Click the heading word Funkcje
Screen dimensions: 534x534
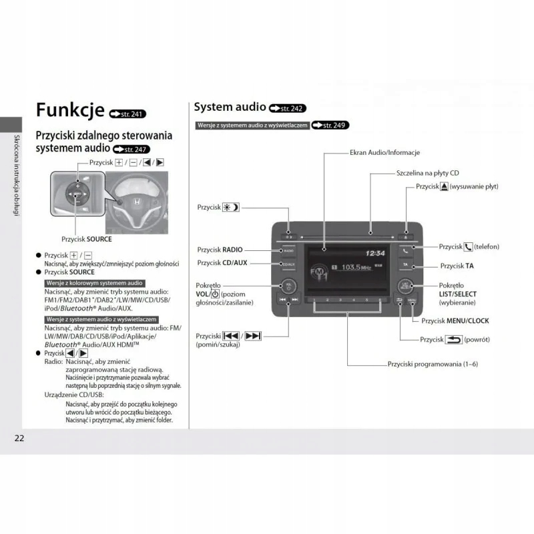[x=69, y=109]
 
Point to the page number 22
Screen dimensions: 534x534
[x=19, y=438]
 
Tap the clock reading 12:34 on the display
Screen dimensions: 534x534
[x=376, y=254]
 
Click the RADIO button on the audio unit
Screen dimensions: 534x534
[x=288, y=251]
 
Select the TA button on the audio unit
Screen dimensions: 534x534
[x=405, y=265]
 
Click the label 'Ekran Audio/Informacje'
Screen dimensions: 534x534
[x=385, y=152]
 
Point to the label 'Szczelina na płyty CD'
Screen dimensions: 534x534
[x=427, y=172]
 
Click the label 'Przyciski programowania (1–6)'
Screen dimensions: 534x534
[x=433, y=364]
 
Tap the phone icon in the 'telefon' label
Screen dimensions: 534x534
[x=468, y=247]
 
